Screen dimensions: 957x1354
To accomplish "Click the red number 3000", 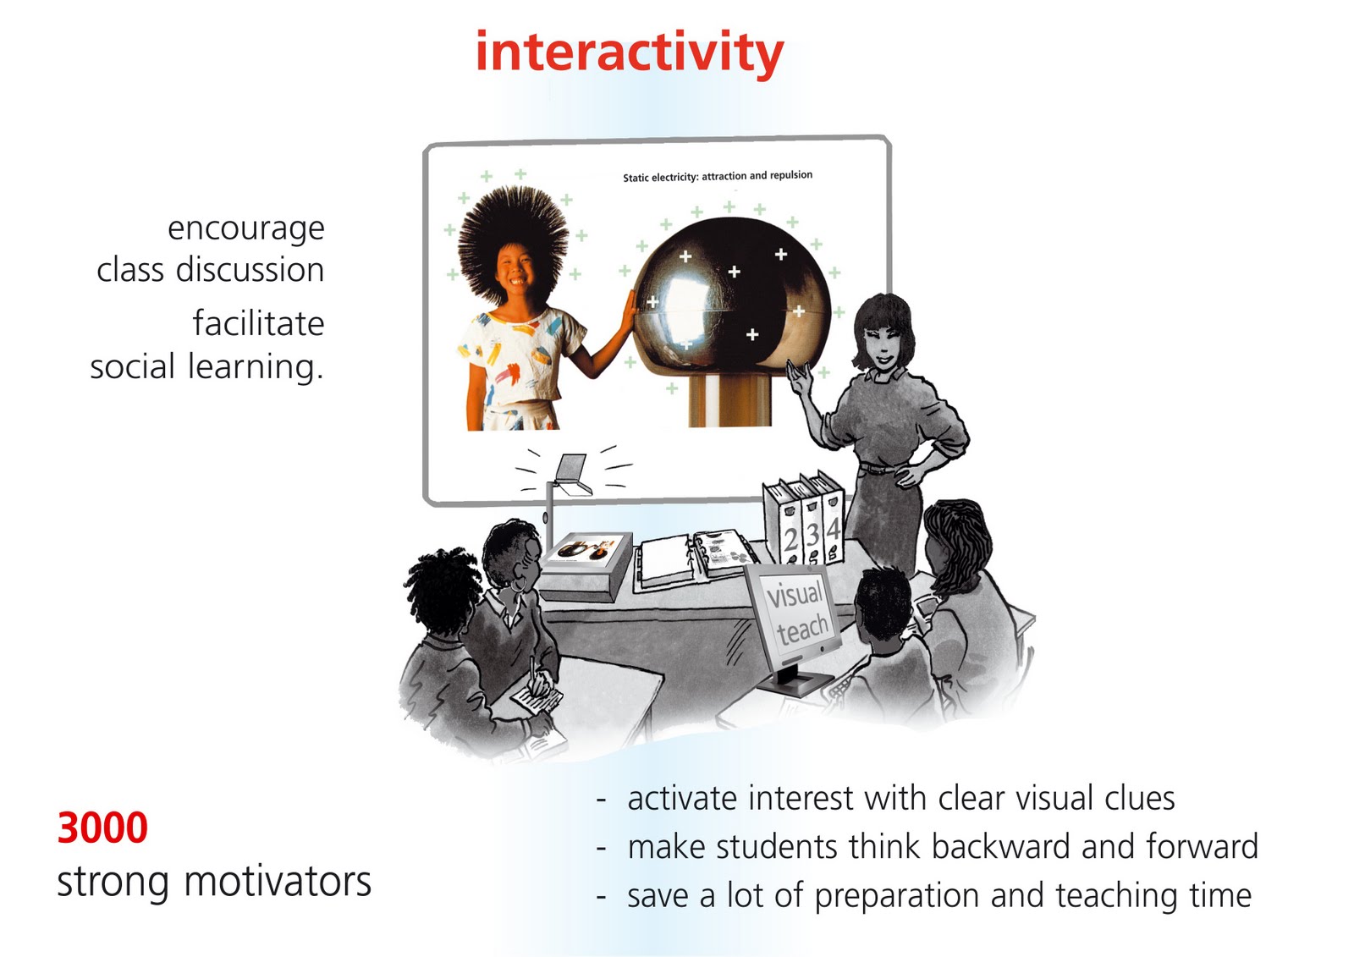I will click(x=102, y=828).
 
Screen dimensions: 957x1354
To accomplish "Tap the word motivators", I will click(x=278, y=881).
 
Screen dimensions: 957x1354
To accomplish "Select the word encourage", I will click(x=245, y=228).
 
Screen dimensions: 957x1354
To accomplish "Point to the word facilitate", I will click(x=258, y=323).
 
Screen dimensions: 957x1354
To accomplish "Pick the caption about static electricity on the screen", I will click(x=718, y=176).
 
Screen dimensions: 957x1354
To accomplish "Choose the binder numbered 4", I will click(x=833, y=525).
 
